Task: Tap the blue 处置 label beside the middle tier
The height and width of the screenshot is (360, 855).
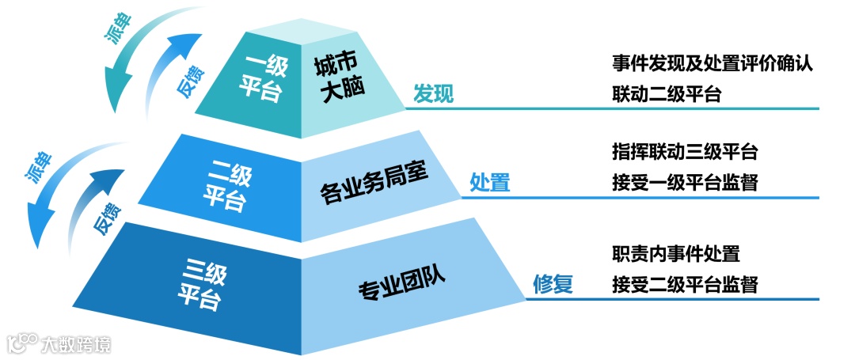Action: [x=490, y=183]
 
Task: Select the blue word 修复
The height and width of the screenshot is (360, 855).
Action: [x=552, y=283]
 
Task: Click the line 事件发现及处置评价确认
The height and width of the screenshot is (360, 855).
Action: [x=712, y=64]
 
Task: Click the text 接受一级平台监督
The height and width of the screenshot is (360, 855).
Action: [x=685, y=183]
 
